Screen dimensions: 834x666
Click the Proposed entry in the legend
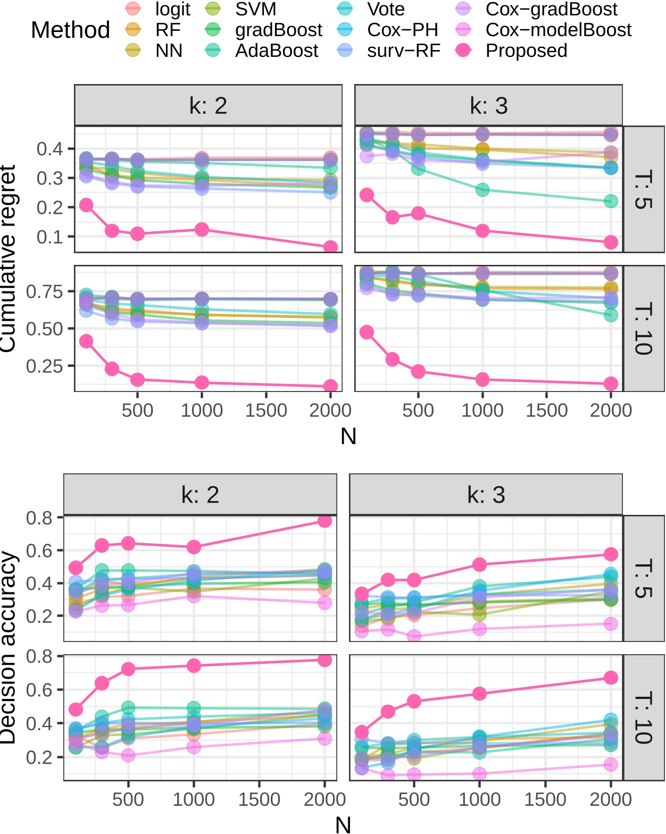tap(526, 51)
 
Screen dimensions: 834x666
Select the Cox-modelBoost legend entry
tap(558, 30)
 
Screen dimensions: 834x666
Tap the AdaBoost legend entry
tap(276, 51)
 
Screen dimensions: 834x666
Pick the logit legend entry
tap(172, 9)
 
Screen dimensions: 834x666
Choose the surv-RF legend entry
tap(403, 51)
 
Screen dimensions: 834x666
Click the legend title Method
tap(70, 30)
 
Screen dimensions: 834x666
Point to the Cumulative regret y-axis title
tap(7, 258)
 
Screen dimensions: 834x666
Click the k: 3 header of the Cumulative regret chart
tap(488, 105)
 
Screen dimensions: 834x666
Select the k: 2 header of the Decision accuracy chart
tap(200, 495)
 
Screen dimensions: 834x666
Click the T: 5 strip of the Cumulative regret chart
tap(644, 189)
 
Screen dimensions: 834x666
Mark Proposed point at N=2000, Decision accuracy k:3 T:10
tap(611, 678)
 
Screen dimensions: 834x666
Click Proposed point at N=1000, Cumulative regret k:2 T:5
tap(202, 230)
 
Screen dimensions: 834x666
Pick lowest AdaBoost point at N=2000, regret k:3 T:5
tap(611, 202)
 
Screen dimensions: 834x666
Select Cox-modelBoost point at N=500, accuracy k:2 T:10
tap(128, 755)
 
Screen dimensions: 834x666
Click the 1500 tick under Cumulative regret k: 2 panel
tap(266, 410)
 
